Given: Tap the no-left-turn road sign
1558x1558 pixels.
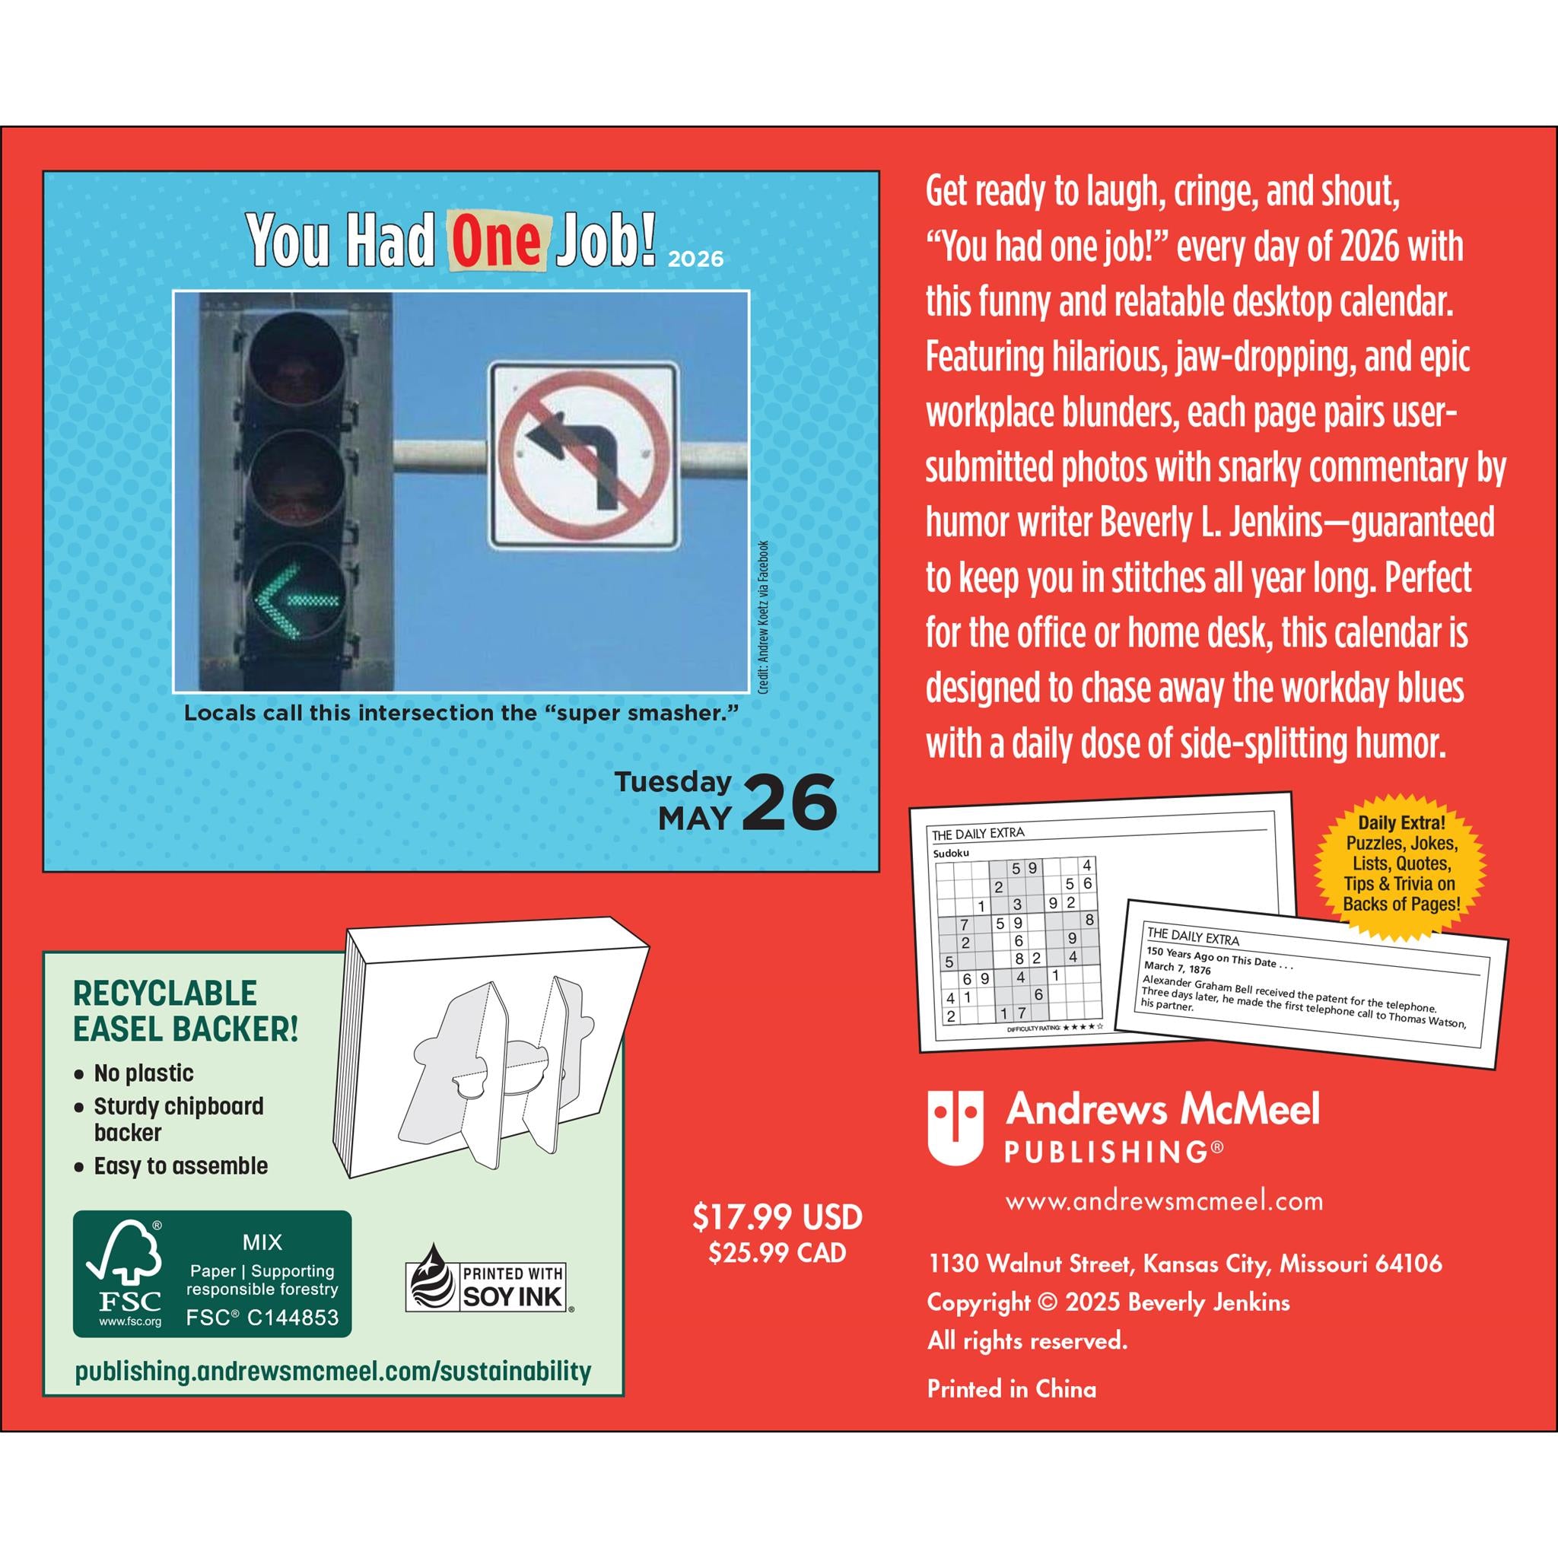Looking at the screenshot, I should pos(583,454).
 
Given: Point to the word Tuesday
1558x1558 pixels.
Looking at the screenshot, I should pos(673,781).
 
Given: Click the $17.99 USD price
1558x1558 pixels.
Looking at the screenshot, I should pos(777,1218).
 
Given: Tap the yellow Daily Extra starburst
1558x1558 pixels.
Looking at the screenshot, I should pos(1401,863).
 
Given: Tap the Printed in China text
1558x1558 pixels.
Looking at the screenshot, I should pos(1011,1388).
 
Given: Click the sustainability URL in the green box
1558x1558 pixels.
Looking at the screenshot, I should pos(333,1372).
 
